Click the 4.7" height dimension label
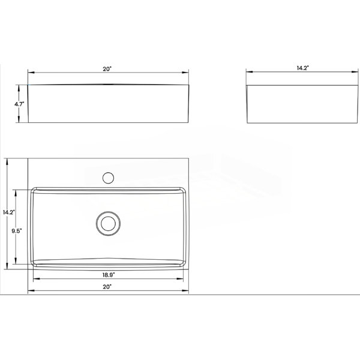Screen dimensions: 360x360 [x=19, y=104]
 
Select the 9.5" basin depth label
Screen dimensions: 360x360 [x=17, y=231]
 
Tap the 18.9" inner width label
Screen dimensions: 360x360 [x=109, y=275]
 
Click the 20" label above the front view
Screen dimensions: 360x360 [x=107, y=69]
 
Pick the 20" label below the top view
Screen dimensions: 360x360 [x=107, y=287]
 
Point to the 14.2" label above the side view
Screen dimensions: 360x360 [x=302, y=68]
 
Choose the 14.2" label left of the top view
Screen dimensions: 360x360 [x=9, y=212]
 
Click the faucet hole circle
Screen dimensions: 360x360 [x=108, y=178]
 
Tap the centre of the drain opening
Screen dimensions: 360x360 [x=108, y=223]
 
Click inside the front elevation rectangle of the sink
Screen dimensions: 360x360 [x=108, y=104]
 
